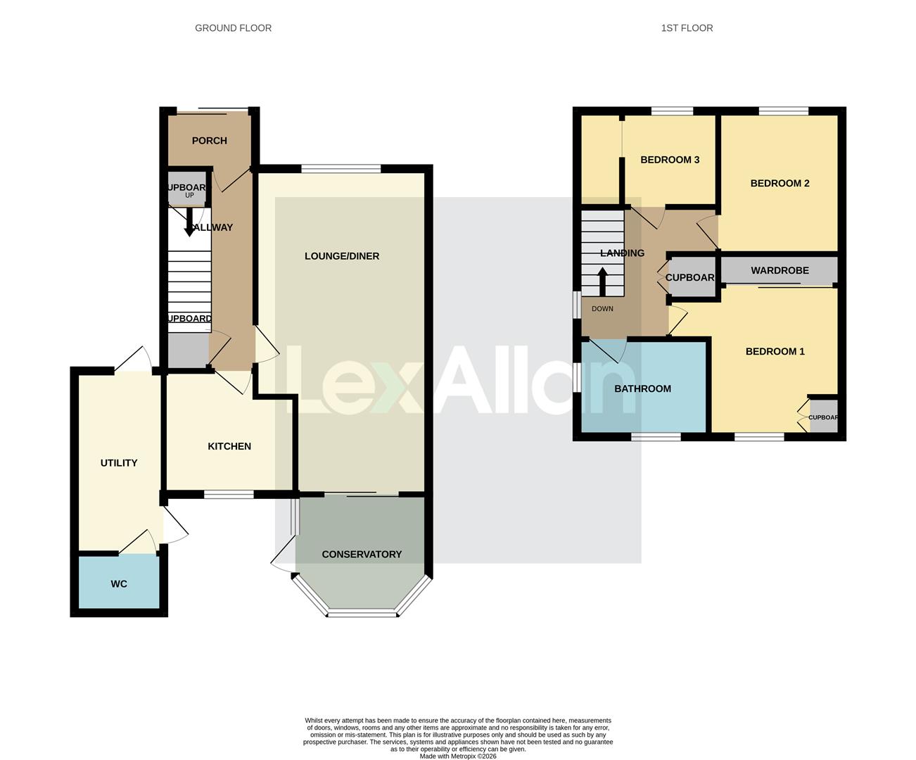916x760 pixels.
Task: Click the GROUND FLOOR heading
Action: (233, 28)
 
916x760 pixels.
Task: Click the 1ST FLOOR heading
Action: (687, 28)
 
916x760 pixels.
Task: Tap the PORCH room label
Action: (210, 141)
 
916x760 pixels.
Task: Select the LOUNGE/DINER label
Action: (342, 256)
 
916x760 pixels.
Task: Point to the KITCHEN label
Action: (229, 446)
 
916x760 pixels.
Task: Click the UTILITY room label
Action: (119, 463)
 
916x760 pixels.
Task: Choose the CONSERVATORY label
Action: (362, 555)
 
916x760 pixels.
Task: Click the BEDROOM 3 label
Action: (670, 160)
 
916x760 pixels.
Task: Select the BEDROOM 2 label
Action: (780, 184)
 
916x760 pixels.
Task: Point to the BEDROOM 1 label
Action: (775, 352)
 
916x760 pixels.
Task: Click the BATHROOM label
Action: (642, 389)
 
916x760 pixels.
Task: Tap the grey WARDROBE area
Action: (780, 271)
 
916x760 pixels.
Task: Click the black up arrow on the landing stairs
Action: (603, 281)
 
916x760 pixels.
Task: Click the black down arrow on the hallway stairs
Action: (189, 224)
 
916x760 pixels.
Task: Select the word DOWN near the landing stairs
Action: (602, 309)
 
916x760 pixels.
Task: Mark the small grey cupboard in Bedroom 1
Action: (823, 417)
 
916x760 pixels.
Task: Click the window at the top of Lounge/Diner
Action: (341, 168)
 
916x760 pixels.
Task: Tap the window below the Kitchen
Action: (229, 495)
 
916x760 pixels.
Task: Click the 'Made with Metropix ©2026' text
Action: (458, 756)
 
